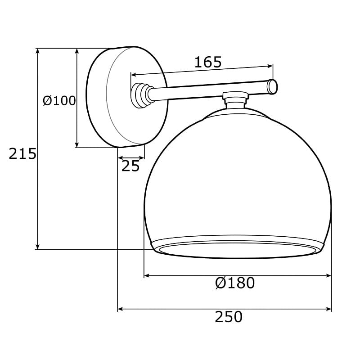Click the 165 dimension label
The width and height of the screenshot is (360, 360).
point(208,62)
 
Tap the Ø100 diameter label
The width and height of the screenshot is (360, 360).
point(59,100)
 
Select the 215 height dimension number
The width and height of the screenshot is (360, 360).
point(22,153)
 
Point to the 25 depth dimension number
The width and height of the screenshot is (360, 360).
point(130,166)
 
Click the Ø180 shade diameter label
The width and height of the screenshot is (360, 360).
point(235,283)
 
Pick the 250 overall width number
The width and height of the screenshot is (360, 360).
point(229,317)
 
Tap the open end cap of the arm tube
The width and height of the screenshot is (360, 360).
point(273,86)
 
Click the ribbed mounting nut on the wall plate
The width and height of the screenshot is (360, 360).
point(140,95)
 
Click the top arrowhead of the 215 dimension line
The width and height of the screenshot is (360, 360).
point(38,51)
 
